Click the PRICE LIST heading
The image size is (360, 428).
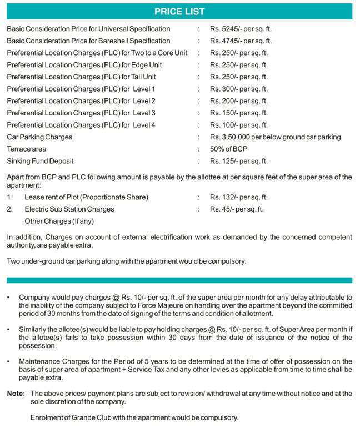pyautogui.click(x=179, y=11)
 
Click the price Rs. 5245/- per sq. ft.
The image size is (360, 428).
pyautogui.click(x=241, y=29)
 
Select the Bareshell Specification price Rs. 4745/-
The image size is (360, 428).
pyautogui.click(x=241, y=41)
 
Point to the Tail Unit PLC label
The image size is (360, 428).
pyautogui.click(x=81, y=77)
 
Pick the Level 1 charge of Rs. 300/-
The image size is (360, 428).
pyautogui.click(x=238, y=89)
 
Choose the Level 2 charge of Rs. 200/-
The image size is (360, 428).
pyautogui.click(x=238, y=101)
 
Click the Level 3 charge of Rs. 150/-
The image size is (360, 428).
pyautogui.click(x=238, y=113)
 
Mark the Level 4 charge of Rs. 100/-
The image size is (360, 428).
pyautogui.click(x=238, y=125)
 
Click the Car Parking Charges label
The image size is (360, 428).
pyautogui.click(x=39, y=137)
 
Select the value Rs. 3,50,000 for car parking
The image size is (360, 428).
pyautogui.click(x=275, y=137)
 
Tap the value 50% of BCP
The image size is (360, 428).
pyautogui.click(x=228, y=149)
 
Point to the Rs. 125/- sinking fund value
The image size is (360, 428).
pyautogui.click(x=238, y=162)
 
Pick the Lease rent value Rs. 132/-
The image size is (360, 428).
pyautogui.click(x=238, y=197)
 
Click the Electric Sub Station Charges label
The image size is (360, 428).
pyautogui.click(x=69, y=209)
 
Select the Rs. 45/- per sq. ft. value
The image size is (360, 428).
pyautogui.click(x=237, y=209)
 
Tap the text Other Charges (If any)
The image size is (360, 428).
pyautogui.click(x=59, y=221)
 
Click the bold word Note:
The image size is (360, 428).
pyautogui.click(x=16, y=394)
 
